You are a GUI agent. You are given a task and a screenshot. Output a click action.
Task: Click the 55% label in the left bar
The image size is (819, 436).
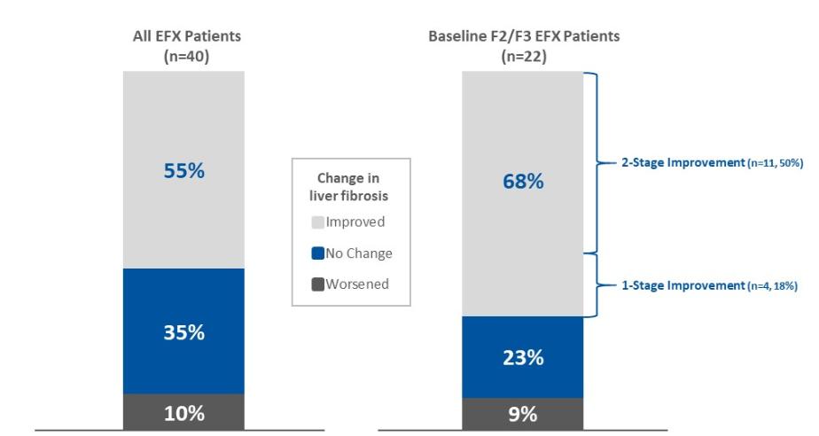[183, 171]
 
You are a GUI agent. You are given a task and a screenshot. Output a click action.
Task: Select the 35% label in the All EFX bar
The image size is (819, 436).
[183, 334]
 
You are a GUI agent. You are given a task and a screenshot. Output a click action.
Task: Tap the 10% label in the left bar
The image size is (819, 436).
[183, 413]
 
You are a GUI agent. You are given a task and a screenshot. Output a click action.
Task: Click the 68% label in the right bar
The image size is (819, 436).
[523, 182]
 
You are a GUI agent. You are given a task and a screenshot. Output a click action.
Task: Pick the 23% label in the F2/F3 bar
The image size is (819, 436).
[523, 358]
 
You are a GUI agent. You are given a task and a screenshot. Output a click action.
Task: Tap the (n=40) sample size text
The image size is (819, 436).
[183, 57]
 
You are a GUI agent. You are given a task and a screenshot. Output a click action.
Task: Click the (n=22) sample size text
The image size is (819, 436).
[523, 57]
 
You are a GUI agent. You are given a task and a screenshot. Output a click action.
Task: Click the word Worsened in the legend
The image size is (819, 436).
[358, 284]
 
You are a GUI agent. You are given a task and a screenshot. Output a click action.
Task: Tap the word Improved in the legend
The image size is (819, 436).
[355, 222]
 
